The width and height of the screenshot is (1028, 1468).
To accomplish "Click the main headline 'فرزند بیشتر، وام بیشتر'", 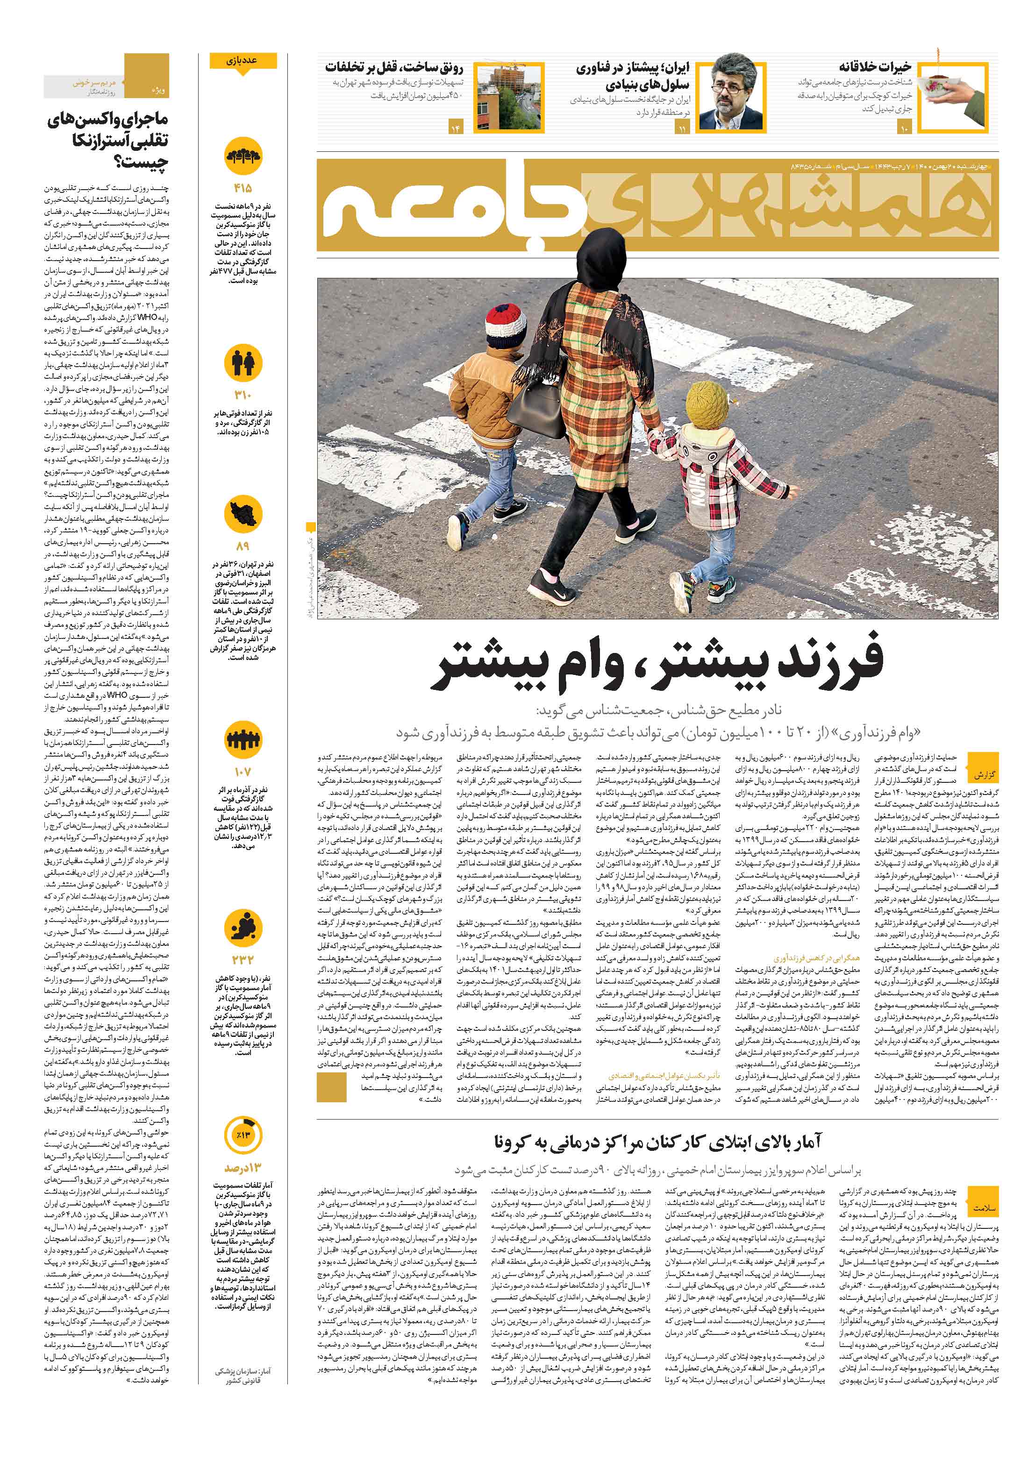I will coord(659,664).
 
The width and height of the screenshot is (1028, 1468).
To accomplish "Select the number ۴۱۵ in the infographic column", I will coord(243,189).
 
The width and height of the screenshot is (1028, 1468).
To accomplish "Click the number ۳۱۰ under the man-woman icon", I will coord(243,395).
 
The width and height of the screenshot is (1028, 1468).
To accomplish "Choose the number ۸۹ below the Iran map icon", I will coord(243,546).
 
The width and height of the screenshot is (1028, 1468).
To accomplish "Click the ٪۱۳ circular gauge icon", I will coord(243,1135).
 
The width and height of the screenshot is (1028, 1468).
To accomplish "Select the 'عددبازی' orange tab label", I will coord(243,61).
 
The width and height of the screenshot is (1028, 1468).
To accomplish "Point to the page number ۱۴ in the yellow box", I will coord(456,128).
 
